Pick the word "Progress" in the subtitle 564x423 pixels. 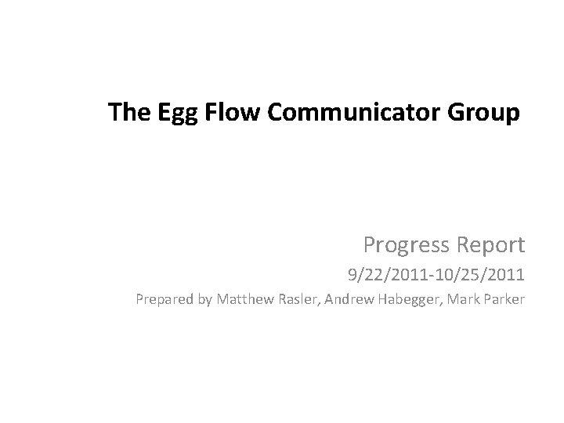(x=406, y=245)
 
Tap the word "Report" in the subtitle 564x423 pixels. (x=489, y=245)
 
